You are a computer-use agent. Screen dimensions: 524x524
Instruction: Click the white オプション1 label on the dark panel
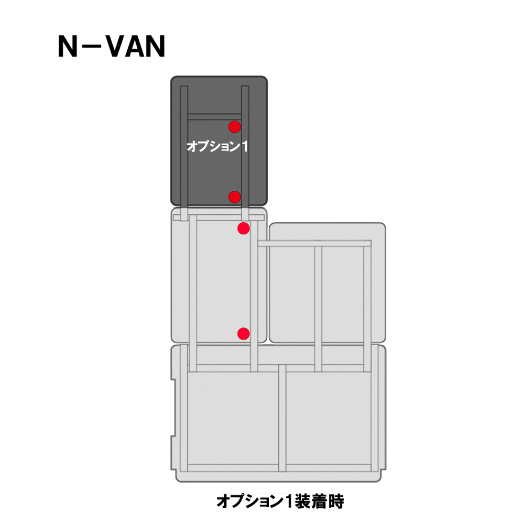click(x=217, y=146)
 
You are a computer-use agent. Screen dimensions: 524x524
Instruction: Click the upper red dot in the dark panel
click(x=235, y=127)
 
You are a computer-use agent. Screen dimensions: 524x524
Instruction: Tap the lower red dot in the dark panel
click(x=235, y=197)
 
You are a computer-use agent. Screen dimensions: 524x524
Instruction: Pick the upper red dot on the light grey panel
click(x=244, y=228)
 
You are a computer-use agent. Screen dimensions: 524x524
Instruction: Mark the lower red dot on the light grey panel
click(x=244, y=333)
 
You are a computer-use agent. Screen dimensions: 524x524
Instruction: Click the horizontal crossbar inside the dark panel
click(x=214, y=117)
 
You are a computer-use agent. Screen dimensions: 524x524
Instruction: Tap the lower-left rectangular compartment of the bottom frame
click(x=233, y=418)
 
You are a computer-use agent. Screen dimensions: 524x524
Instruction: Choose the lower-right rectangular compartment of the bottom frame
click(x=328, y=418)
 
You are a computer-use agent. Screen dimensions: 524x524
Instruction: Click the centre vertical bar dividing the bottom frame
click(x=282, y=418)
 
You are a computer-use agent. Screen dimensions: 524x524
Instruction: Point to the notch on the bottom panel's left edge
click(x=173, y=408)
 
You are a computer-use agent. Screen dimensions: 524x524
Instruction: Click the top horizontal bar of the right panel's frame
click(x=314, y=244)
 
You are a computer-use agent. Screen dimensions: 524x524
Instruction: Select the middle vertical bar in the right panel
click(x=318, y=309)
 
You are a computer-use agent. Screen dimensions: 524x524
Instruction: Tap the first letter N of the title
click(x=68, y=47)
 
